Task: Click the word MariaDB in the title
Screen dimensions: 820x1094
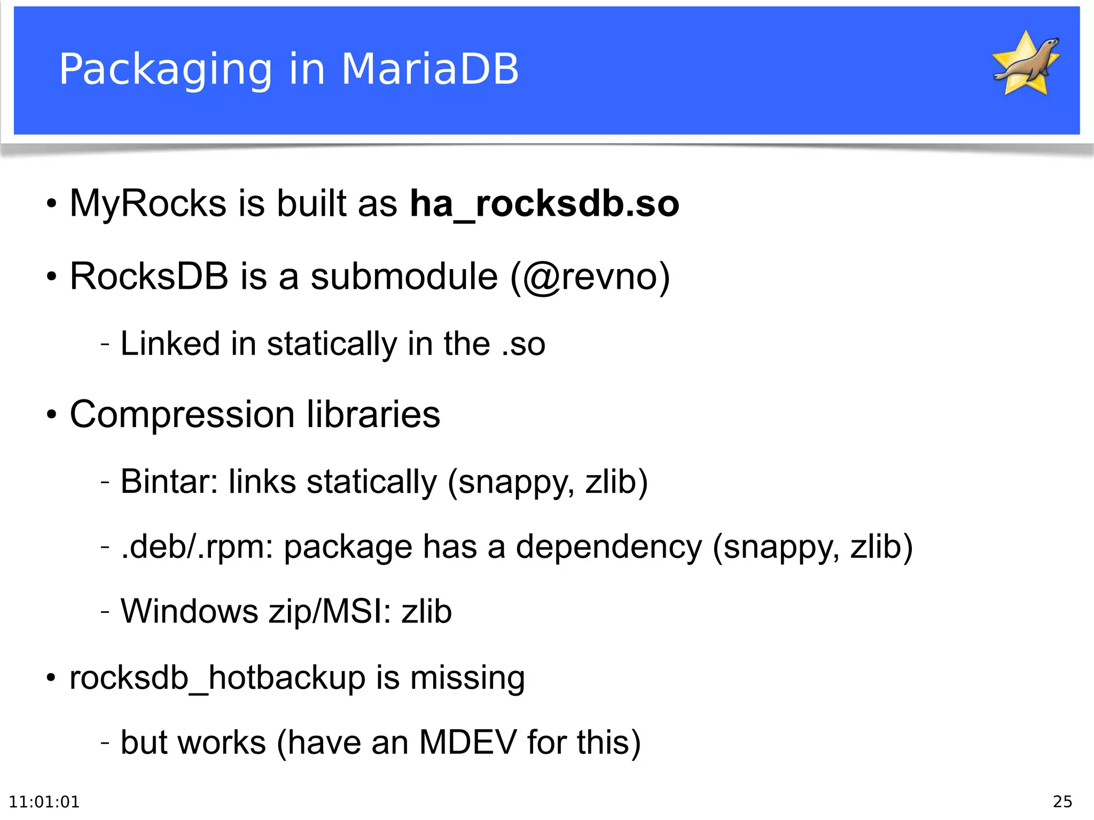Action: click(429, 69)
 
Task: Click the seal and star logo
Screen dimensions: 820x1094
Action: click(1026, 63)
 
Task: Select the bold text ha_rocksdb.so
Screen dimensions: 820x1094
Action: click(544, 204)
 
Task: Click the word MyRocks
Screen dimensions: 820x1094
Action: click(148, 204)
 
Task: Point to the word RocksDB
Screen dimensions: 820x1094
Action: click(149, 277)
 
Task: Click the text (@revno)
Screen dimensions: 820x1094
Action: click(590, 277)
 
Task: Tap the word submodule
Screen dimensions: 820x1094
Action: click(404, 277)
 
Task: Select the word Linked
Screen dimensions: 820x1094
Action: click(170, 343)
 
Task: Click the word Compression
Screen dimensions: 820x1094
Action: click(182, 414)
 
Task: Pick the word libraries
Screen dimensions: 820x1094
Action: click(373, 414)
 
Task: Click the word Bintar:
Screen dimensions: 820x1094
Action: click(169, 482)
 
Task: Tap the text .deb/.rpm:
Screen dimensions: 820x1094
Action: click(197, 547)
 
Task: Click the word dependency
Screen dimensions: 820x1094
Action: click(608, 547)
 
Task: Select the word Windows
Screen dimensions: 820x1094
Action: click(190, 611)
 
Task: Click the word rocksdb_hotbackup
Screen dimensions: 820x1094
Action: click(217, 678)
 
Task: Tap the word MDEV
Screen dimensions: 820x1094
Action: click(468, 742)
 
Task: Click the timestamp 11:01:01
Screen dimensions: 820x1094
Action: click(44, 802)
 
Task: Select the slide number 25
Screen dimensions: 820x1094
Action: click(1062, 802)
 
